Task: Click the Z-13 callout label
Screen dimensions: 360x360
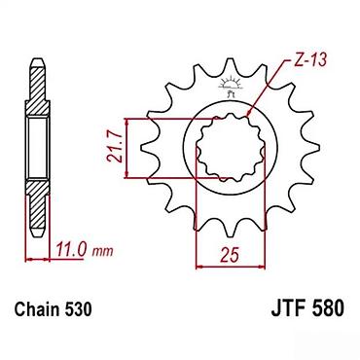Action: point(309,59)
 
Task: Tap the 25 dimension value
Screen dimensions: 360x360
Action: point(230,254)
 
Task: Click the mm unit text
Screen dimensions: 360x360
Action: point(102,251)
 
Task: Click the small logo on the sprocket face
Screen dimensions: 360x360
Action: point(231,86)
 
